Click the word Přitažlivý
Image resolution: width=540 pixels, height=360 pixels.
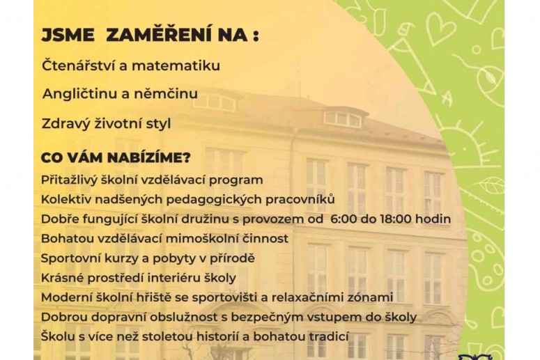coord(70,180)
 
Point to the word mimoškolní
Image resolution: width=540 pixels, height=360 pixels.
coord(196,238)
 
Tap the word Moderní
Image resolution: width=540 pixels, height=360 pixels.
coord(65,297)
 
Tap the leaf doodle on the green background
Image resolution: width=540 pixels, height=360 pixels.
coord(489,185)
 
